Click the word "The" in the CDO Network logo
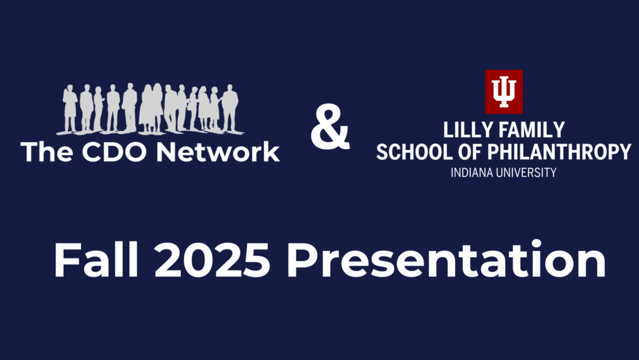[x=47, y=152]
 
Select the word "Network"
[x=218, y=152]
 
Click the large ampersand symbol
[x=330, y=127]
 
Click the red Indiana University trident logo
[x=504, y=92]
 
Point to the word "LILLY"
[x=468, y=130]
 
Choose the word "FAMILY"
[x=532, y=130]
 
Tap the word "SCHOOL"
[x=414, y=152]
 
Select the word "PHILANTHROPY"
[x=560, y=152]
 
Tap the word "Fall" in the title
[x=96, y=259]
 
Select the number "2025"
[x=212, y=260]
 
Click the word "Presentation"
[x=446, y=259]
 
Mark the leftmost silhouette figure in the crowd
[x=70, y=109]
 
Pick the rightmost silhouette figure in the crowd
[x=230, y=108]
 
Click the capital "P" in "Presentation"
[x=303, y=260]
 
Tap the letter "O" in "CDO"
[x=134, y=152]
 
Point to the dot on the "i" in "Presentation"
[x=536, y=244]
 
